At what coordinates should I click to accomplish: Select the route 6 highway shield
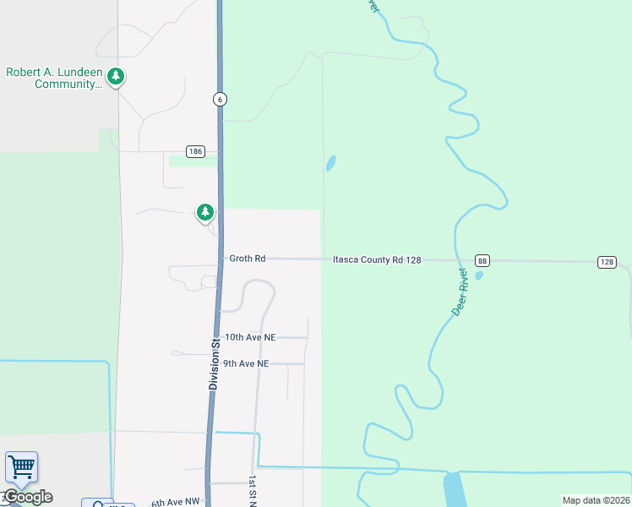(220, 99)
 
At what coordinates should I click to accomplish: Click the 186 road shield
(196, 151)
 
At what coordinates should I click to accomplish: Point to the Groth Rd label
(248, 259)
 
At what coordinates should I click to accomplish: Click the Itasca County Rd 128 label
(377, 260)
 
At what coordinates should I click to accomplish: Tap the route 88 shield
(481, 260)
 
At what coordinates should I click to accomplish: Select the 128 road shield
(607, 262)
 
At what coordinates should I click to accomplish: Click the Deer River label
(460, 292)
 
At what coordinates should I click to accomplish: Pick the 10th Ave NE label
(250, 337)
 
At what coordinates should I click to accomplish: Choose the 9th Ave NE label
(246, 363)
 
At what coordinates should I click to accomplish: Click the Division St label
(214, 363)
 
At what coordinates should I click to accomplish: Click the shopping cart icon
(21, 466)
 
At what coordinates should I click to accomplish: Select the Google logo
(28, 497)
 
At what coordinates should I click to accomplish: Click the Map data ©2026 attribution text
(595, 500)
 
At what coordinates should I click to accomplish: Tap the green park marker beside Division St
(205, 212)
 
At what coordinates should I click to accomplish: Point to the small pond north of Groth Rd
(330, 162)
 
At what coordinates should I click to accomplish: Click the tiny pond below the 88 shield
(479, 275)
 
